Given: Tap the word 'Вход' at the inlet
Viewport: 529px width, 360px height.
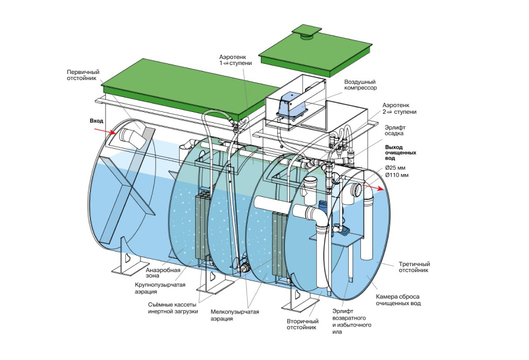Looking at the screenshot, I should tap(96, 121).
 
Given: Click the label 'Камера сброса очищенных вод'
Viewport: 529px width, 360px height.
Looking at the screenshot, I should tap(398, 299).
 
